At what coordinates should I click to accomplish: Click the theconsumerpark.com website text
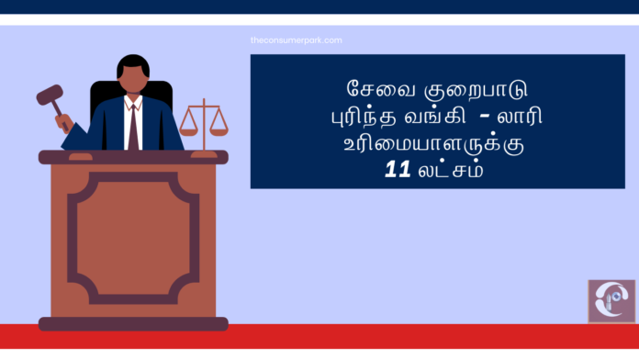coord(296,40)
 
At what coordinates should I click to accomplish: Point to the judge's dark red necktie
coord(133,124)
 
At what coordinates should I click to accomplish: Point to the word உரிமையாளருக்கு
coord(437,144)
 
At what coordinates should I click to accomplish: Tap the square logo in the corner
coord(611,301)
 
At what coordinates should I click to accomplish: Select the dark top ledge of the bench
coord(133,157)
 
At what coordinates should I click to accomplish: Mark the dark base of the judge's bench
coord(133,323)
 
